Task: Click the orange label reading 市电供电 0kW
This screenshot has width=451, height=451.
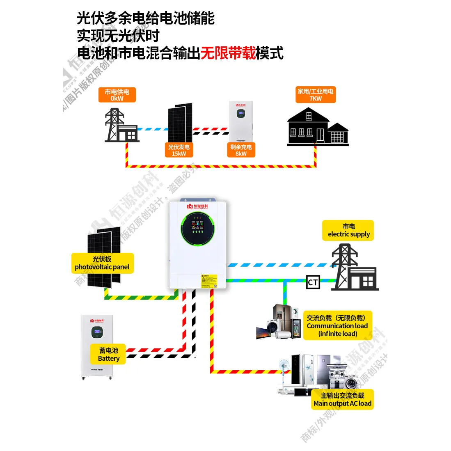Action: (117, 95)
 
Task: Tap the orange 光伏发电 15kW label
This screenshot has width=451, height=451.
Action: (179, 150)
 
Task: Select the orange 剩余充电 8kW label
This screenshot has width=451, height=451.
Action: (241, 150)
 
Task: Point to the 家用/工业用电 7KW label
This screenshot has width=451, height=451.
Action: (315, 95)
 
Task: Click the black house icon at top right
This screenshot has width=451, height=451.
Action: (317, 127)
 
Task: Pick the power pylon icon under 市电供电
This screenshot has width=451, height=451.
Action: (115, 125)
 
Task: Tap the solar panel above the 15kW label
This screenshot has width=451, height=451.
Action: (180, 122)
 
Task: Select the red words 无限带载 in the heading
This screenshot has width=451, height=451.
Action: (228, 53)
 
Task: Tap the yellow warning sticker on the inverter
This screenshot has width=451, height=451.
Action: (209, 281)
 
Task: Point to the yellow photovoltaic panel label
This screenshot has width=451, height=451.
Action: (102, 263)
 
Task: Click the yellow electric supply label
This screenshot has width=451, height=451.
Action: (348, 230)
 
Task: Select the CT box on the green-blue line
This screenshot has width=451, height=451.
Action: (313, 282)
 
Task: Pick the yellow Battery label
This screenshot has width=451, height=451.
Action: (108, 355)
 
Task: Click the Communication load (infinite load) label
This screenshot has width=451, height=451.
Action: (337, 325)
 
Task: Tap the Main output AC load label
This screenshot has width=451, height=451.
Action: (342, 399)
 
